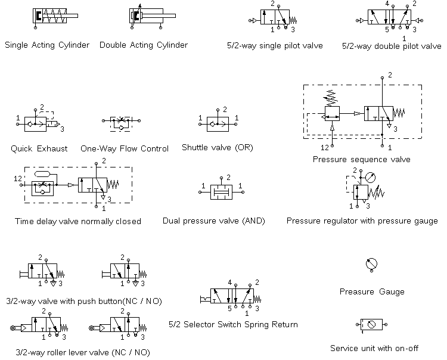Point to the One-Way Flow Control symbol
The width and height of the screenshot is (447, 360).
(124, 123)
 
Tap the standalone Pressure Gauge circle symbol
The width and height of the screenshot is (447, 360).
(371, 265)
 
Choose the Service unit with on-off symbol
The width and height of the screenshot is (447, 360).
(372, 325)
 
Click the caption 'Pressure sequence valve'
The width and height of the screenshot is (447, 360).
(361, 159)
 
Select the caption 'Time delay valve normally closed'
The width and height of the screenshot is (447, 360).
(78, 221)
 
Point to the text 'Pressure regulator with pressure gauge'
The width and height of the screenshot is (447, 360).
(362, 221)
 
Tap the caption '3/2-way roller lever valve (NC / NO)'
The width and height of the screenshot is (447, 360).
(82, 352)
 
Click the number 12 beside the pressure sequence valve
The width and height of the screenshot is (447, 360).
(324, 147)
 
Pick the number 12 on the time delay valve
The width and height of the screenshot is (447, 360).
(18, 179)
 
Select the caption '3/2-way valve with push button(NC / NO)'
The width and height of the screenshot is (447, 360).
(83, 300)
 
